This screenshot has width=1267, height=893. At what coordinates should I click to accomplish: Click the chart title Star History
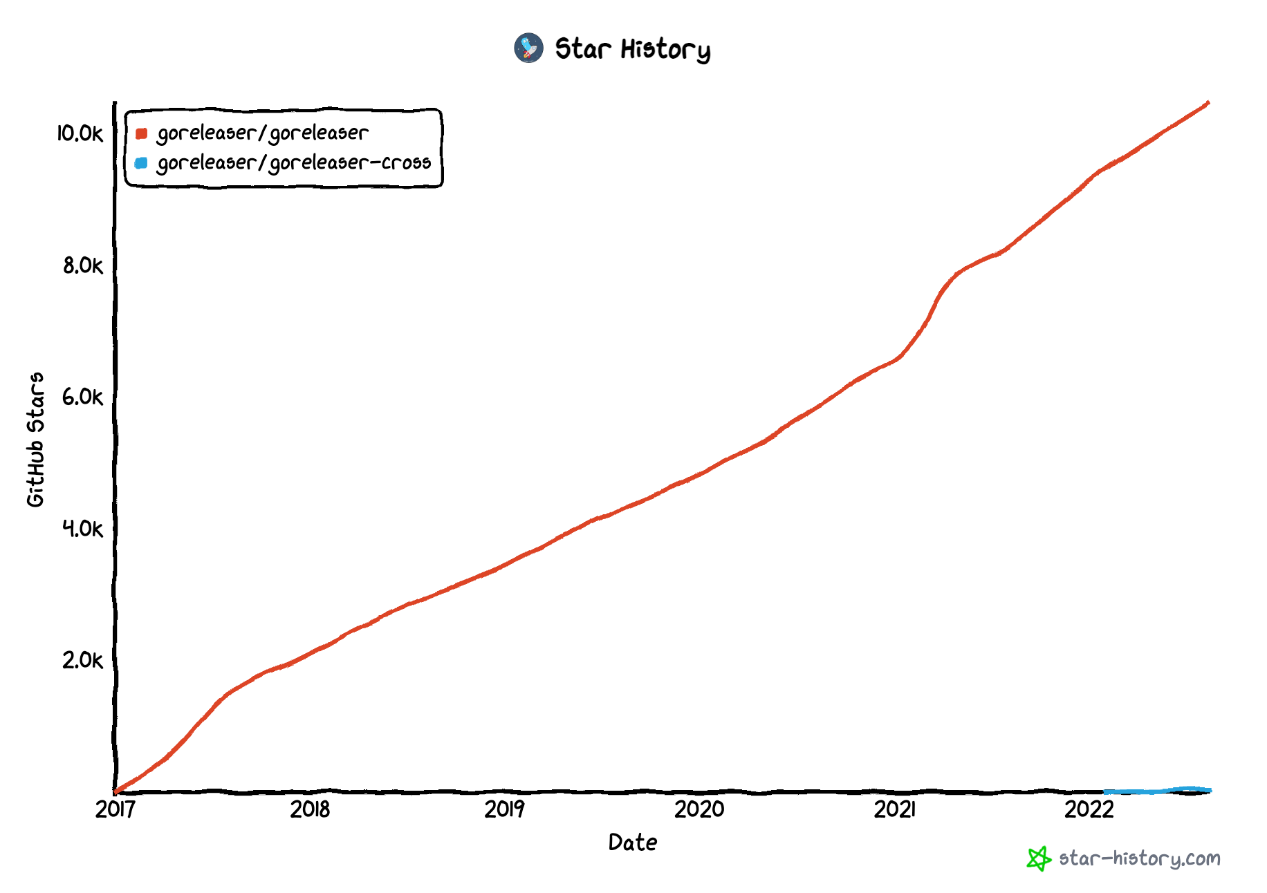tap(632, 49)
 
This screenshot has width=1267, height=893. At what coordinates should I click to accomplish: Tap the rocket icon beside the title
tap(528, 48)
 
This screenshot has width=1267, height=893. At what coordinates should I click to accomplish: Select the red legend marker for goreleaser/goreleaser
tap(141, 133)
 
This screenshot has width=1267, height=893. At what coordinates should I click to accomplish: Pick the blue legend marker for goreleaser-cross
tap(141, 163)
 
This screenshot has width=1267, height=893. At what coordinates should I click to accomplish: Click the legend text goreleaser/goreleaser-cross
tap(293, 163)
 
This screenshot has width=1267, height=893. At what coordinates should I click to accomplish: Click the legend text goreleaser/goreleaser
tap(262, 133)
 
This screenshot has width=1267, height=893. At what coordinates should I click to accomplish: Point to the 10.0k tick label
tap(80, 133)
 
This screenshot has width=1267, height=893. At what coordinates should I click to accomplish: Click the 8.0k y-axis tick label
tap(82, 265)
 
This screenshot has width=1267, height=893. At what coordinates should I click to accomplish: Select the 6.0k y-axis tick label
tap(82, 397)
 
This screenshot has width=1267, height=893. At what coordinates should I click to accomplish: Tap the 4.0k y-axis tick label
tap(82, 529)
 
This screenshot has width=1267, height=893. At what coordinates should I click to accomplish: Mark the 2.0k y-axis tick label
tap(82, 660)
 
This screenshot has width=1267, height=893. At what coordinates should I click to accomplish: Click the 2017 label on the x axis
tap(115, 809)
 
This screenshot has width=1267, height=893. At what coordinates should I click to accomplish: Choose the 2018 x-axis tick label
tap(310, 809)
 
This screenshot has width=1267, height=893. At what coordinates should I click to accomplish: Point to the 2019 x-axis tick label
tap(504, 809)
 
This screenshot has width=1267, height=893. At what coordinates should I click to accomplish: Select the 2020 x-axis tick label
tap(699, 809)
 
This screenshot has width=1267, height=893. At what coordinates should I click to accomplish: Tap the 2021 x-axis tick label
tap(894, 809)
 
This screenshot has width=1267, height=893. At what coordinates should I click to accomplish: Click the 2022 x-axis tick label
tap(1089, 809)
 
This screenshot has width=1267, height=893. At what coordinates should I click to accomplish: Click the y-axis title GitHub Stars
tap(35, 440)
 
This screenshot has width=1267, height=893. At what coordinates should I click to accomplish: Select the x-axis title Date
tap(632, 843)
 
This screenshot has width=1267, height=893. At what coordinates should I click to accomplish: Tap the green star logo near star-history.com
tap(1038, 858)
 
